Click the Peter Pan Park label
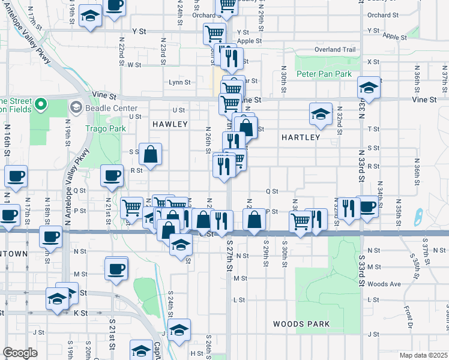[x=324, y=74]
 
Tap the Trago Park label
[x=105, y=128]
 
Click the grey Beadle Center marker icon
[x=76, y=107]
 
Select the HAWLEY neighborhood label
[x=170, y=124]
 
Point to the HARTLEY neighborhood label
[x=301, y=137]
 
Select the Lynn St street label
[x=179, y=82]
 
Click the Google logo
[x=20, y=353]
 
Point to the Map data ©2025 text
[x=423, y=355]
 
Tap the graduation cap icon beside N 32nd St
[x=321, y=113]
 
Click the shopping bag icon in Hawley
[x=150, y=154]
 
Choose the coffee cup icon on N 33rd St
[x=367, y=206]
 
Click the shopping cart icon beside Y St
[x=214, y=33]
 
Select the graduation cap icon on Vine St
[x=369, y=87]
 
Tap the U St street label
[x=179, y=110]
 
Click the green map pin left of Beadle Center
[x=40, y=105]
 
